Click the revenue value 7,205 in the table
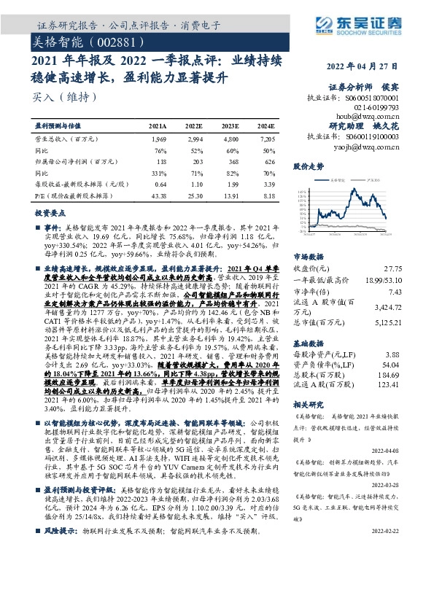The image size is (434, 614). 268,138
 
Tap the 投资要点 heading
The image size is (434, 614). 50,212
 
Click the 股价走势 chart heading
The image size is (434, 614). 307,167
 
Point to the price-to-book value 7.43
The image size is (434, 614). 394,291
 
